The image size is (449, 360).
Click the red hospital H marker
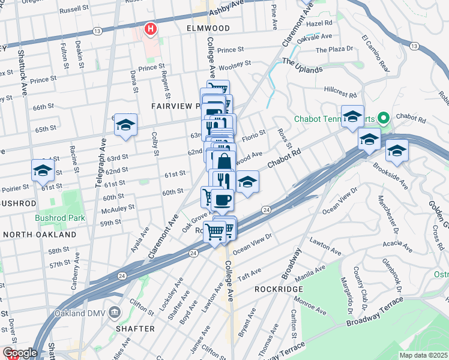click(150, 28)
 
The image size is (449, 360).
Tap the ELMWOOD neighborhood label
click(208, 28)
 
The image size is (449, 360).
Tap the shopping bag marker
click(223, 161)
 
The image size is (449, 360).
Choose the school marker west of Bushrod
click(43, 171)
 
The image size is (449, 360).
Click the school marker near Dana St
click(125, 125)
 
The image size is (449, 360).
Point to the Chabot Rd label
click(283, 160)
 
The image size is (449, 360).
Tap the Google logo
click(20, 353)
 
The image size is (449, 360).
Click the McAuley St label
click(118, 209)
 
